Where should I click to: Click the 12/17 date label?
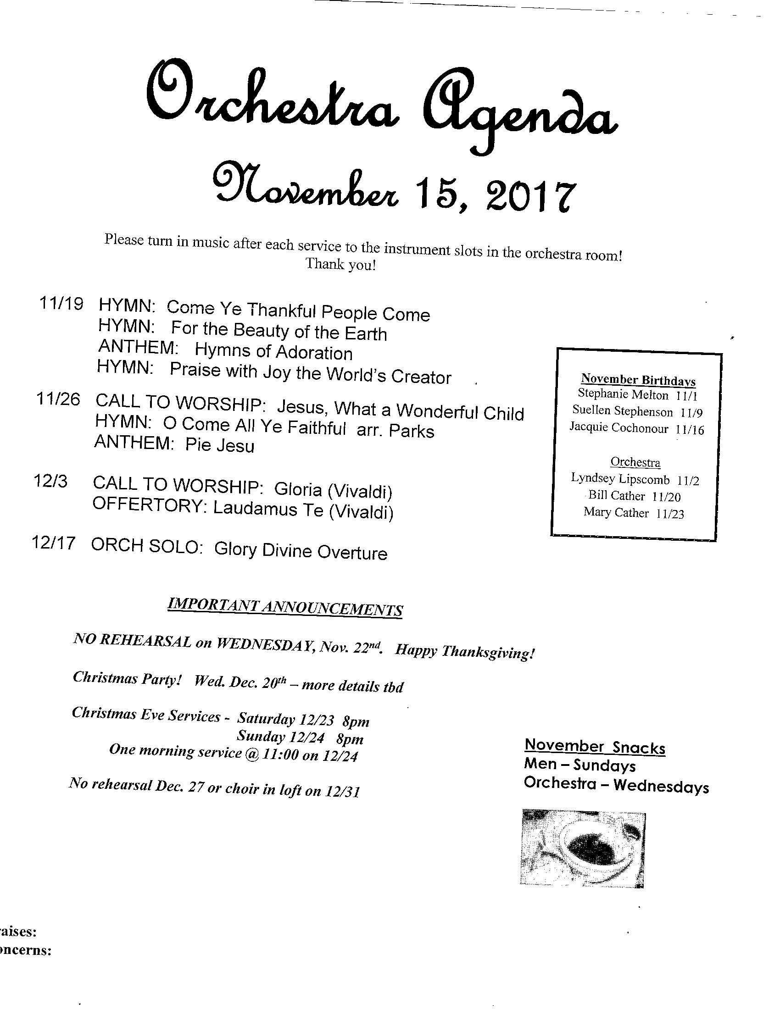click(x=54, y=543)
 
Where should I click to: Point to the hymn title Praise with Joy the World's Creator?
click(x=310, y=373)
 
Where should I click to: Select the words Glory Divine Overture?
click(x=301, y=551)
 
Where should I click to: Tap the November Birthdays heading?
click(x=638, y=380)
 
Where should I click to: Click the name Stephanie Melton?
click(x=623, y=395)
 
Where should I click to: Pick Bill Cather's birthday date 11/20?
click(x=666, y=497)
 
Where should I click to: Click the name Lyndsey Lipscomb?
click(x=620, y=479)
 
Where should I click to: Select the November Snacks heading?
click(x=595, y=746)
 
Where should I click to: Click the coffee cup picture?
click(x=583, y=848)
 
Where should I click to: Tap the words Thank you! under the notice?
click(x=340, y=265)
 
